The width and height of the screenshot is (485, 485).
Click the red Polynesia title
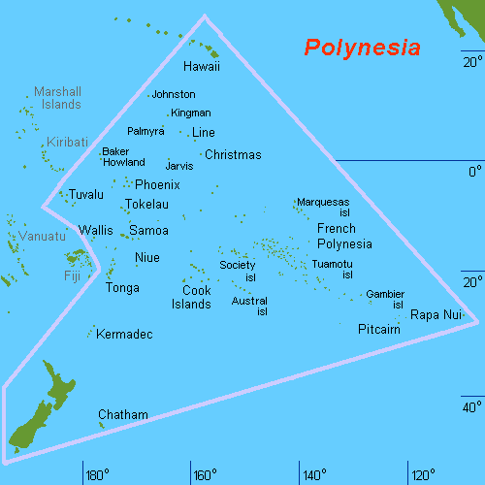click(x=362, y=48)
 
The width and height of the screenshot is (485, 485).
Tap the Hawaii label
click(x=202, y=67)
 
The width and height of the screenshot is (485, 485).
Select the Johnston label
click(x=174, y=94)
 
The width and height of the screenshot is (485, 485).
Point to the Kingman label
click(x=190, y=113)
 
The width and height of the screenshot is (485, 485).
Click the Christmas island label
click(x=233, y=154)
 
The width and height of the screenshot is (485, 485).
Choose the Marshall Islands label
click(x=57, y=97)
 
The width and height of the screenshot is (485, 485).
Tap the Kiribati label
click(x=66, y=142)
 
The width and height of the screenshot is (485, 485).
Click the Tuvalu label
click(x=85, y=195)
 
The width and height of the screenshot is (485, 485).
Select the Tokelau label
click(x=146, y=205)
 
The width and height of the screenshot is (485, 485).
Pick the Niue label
click(x=146, y=257)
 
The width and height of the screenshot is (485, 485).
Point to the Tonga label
click(x=122, y=288)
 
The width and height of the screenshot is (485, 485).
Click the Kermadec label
click(x=125, y=335)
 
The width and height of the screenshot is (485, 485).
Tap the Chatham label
click(x=123, y=415)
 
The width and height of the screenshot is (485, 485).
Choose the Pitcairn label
click(x=379, y=329)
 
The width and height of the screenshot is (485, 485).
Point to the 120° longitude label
click(x=423, y=475)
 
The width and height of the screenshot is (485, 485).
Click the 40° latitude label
click(x=471, y=406)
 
